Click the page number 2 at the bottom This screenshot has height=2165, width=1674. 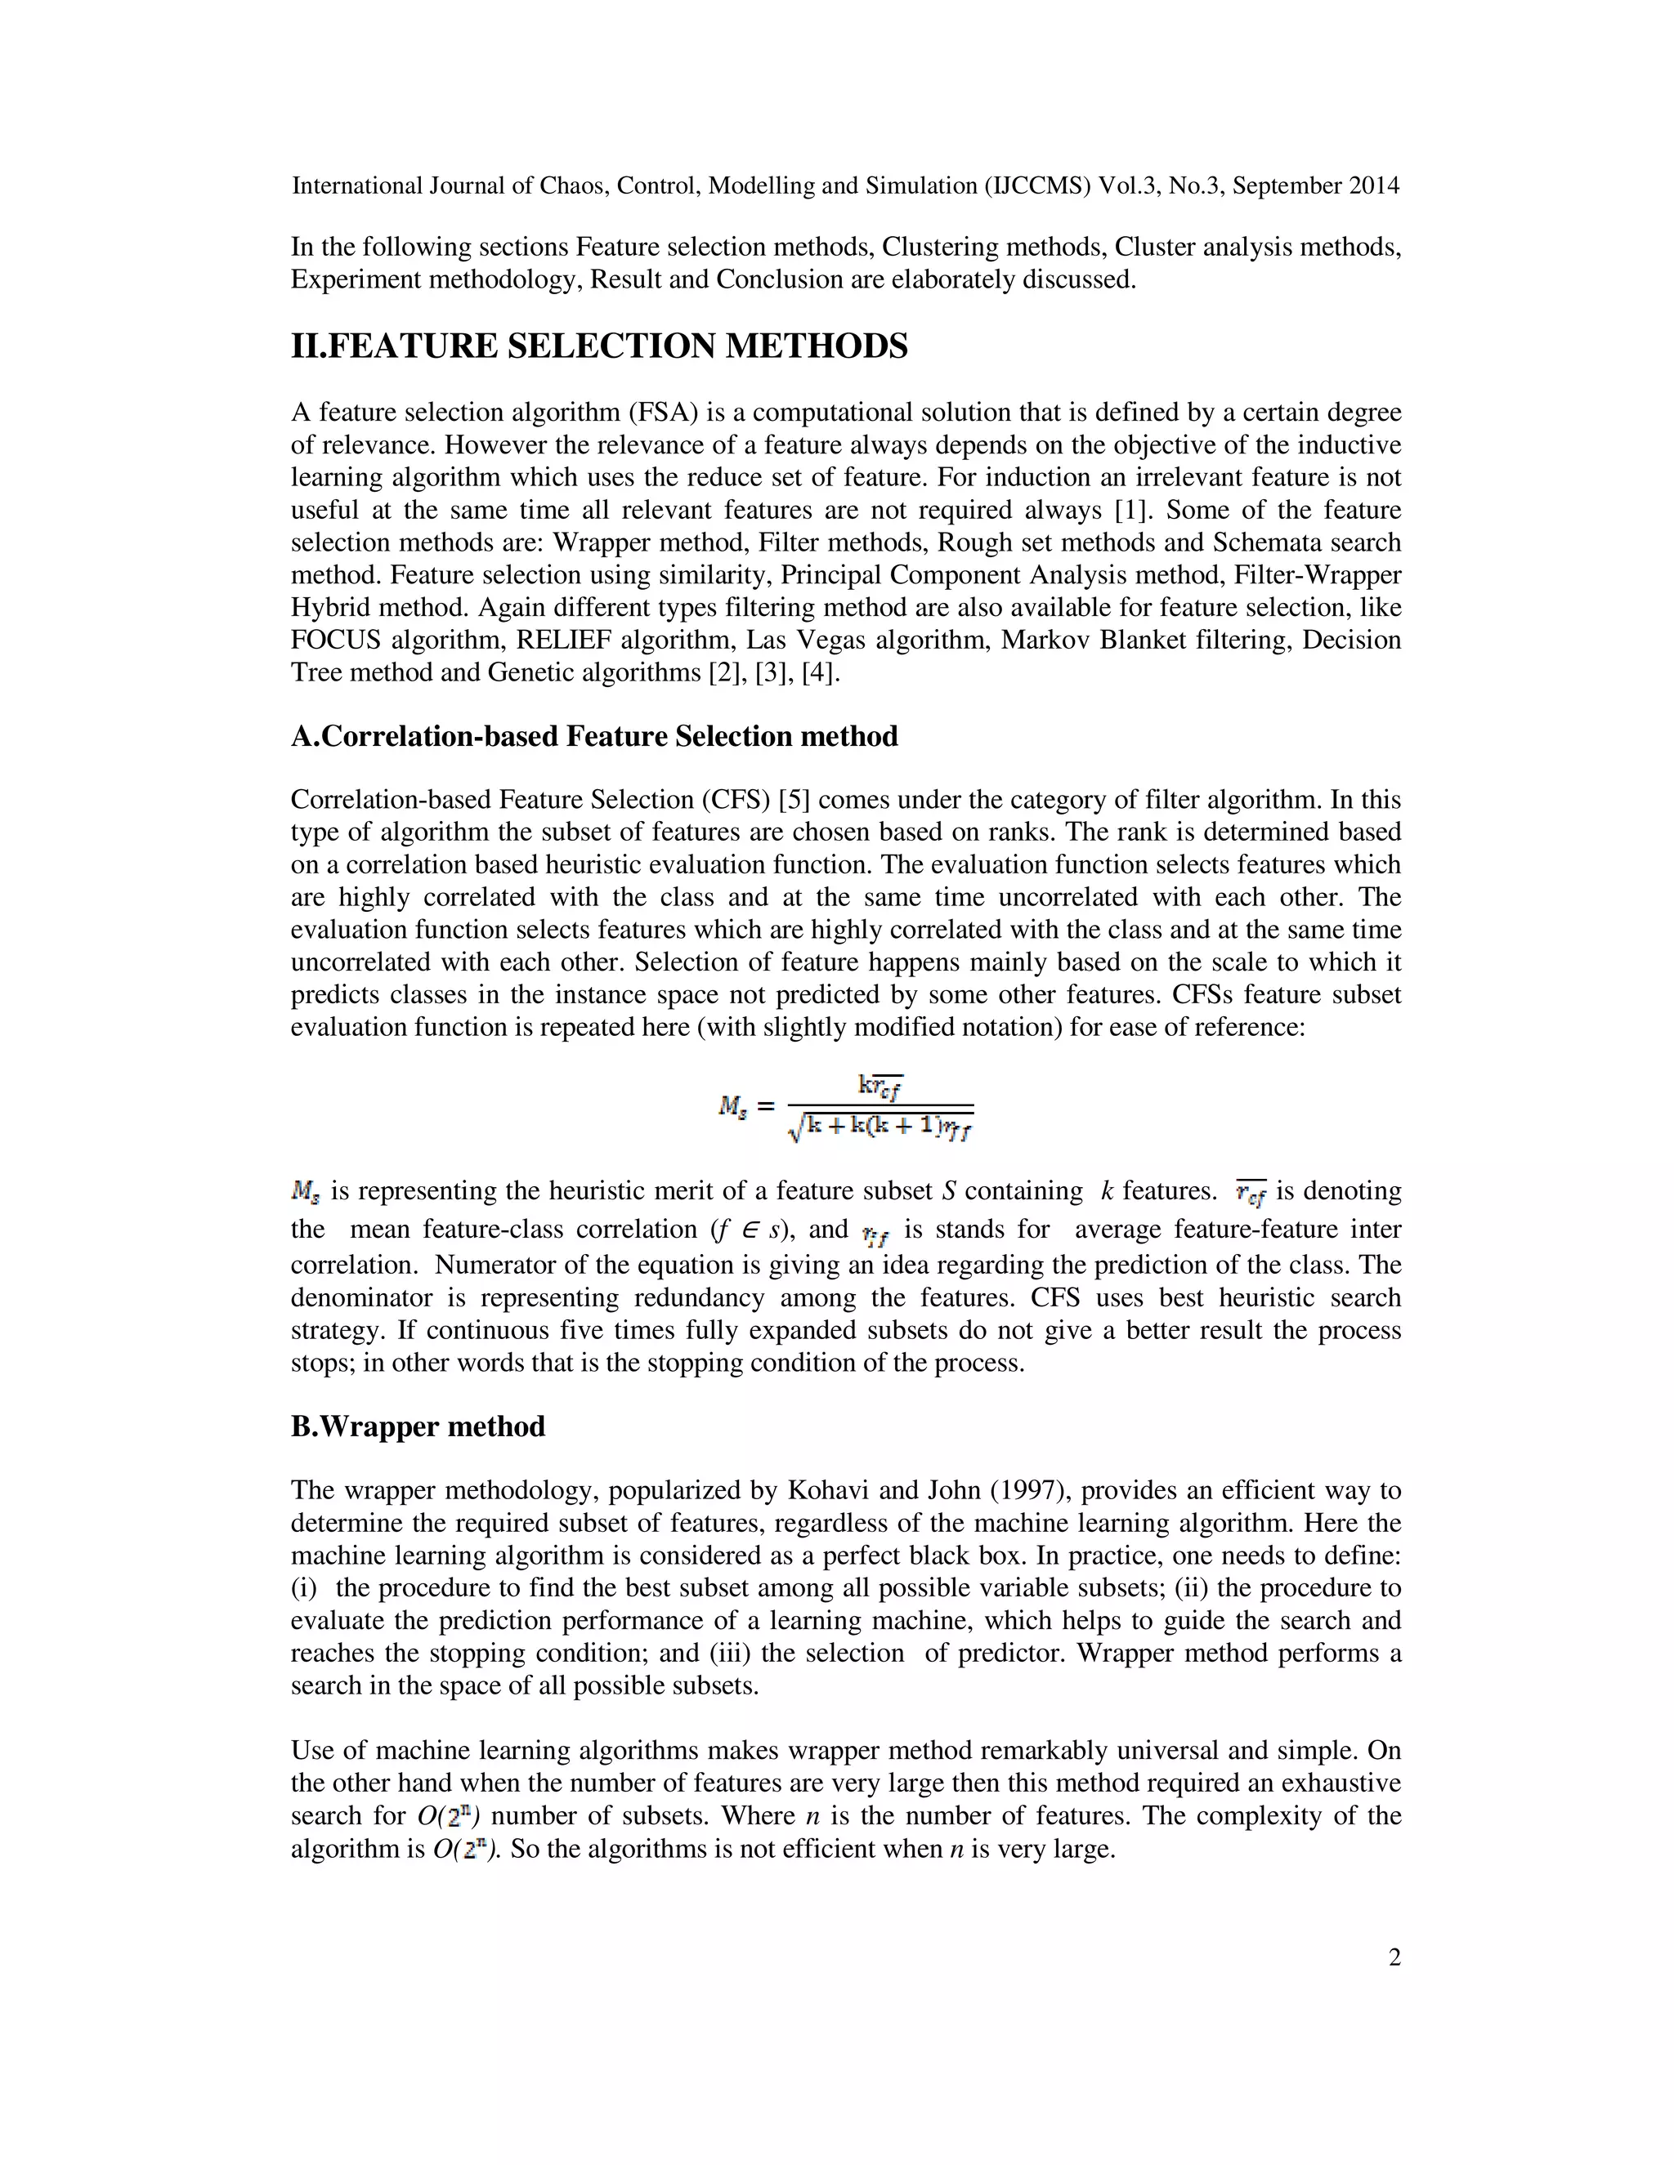click(1394, 1957)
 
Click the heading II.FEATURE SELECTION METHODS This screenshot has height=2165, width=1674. click(599, 346)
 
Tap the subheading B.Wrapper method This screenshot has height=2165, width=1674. click(418, 1426)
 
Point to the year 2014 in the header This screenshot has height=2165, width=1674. click(1373, 185)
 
